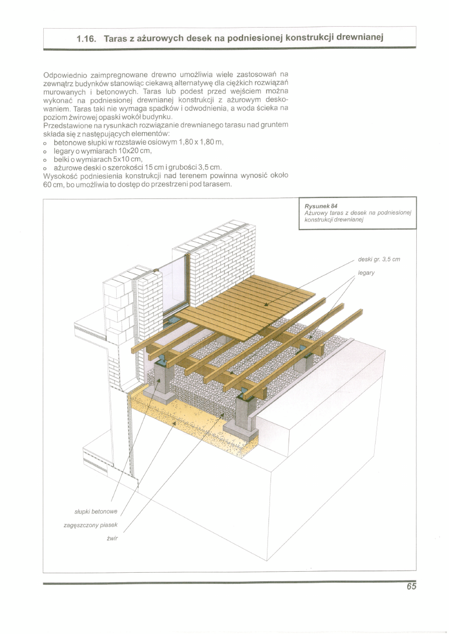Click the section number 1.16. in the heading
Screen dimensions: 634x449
coord(86,38)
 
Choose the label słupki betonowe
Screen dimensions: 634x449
coord(95,511)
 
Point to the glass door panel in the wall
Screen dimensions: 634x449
coord(172,287)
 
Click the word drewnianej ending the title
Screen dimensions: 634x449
coord(360,38)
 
